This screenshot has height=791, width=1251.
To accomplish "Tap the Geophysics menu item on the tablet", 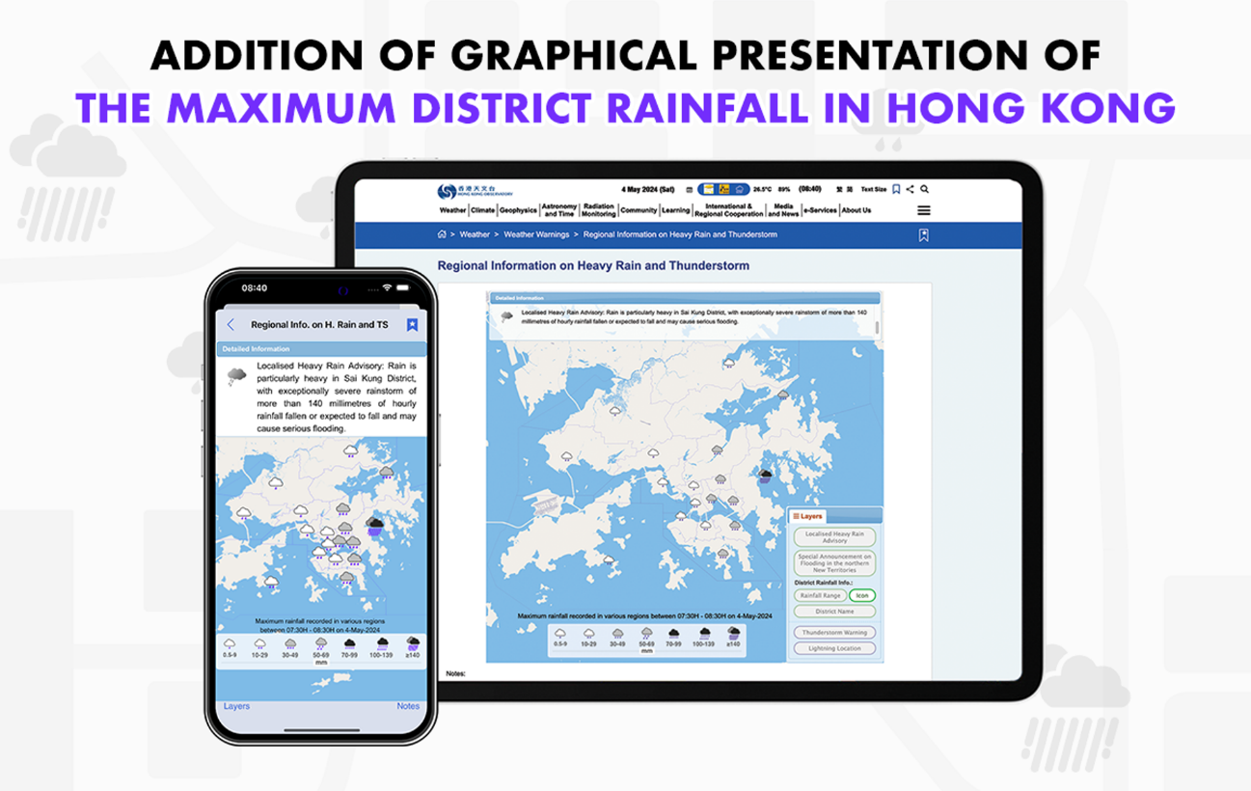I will tap(518, 210).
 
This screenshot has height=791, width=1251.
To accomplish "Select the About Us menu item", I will tap(856, 210).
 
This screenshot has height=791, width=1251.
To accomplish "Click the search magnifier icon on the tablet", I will tap(925, 189).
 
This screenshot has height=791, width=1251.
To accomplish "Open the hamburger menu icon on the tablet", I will tap(924, 210).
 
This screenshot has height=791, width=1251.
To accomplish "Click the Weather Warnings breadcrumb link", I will tap(538, 234).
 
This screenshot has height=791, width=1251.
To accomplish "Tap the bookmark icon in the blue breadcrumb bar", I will tap(923, 234).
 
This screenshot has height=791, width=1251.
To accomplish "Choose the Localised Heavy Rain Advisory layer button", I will tap(834, 537).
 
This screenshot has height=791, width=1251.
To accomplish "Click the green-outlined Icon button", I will tap(862, 595).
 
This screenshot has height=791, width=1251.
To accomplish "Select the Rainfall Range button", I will tap(819, 595).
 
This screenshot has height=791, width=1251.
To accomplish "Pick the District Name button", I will tap(834, 612).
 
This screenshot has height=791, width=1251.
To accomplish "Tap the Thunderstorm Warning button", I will tap(834, 632).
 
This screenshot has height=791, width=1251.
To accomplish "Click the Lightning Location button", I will tap(834, 648).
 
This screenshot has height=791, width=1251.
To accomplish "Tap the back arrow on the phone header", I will tap(231, 325).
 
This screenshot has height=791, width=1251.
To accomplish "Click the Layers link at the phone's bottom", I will tap(236, 706).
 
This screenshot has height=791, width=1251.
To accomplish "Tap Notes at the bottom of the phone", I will tap(408, 706).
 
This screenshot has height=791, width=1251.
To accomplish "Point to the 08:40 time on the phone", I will tap(255, 287).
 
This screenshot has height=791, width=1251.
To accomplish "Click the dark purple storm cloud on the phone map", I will tap(375, 525).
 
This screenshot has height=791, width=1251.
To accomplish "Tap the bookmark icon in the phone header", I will tap(412, 325).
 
